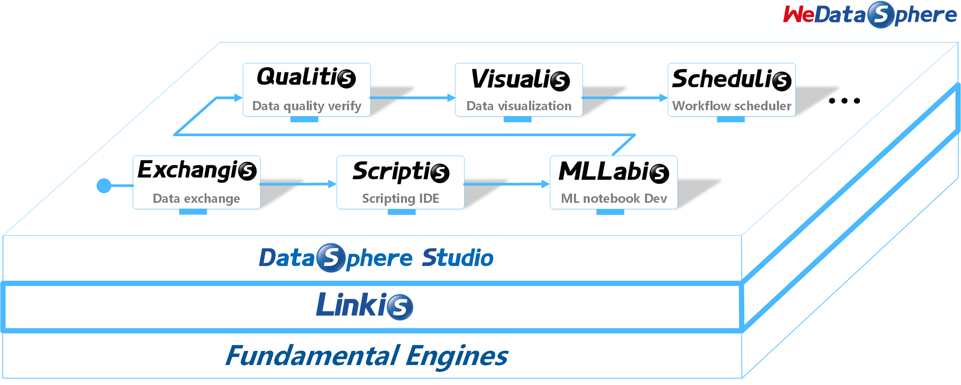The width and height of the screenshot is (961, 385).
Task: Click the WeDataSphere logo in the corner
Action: tap(869, 15)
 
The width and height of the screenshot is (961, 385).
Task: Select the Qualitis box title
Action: tap(306, 78)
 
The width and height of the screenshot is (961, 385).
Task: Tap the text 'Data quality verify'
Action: tap(306, 106)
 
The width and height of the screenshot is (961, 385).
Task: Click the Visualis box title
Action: tap(520, 79)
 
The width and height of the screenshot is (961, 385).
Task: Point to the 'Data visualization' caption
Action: tap(519, 106)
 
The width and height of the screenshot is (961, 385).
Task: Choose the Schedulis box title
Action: tap(731, 79)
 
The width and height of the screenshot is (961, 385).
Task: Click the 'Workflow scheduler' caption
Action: tap(731, 106)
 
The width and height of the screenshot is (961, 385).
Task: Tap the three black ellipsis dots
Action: tap(844, 101)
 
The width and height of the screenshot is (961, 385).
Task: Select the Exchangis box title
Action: tap(197, 170)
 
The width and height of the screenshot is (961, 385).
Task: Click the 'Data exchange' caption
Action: tap(196, 199)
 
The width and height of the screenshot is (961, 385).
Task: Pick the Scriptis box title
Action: tap(400, 172)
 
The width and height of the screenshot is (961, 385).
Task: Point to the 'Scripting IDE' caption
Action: tap(400, 199)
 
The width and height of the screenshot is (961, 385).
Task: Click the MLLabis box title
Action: tap(614, 172)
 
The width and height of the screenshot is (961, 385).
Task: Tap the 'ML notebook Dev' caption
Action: tap(614, 199)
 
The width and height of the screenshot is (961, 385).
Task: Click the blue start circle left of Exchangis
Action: tap(104, 186)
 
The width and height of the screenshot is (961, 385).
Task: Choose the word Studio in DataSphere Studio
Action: tap(457, 258)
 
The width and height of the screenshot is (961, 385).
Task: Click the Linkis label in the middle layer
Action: tap(364, 305)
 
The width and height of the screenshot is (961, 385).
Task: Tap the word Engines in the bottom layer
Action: tap(456, 356)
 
